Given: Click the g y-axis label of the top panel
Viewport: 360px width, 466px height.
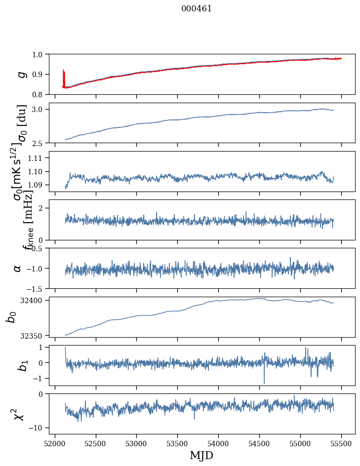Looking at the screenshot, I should coord(20,74).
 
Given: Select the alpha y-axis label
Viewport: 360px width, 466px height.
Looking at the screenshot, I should coord(18,268).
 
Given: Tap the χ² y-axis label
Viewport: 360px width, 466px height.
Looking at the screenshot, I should coord(19,414).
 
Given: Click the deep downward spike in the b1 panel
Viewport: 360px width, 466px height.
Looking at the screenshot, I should coord(264,382).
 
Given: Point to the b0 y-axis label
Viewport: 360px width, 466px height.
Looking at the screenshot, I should coord(11,316).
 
